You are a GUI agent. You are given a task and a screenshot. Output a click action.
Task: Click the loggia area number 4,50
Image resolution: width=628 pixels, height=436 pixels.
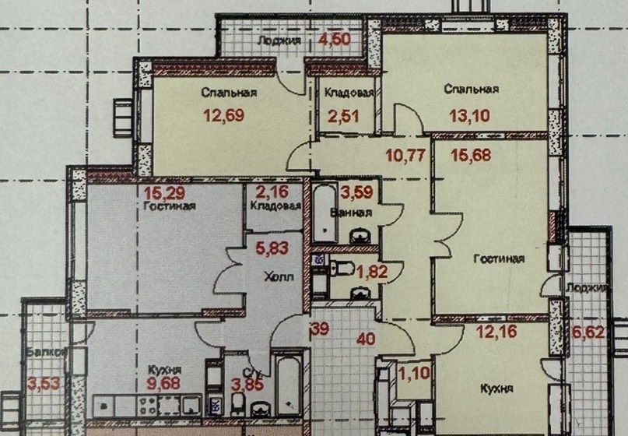335,39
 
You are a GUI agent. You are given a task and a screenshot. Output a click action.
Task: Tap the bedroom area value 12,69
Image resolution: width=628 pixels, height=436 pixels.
224,115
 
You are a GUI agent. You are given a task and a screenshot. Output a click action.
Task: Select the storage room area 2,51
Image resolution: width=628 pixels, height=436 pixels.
343,117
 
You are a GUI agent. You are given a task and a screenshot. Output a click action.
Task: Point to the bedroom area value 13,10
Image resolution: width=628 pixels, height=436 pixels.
469,116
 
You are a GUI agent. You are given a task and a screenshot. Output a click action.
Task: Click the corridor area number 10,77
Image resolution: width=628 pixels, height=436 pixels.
405,155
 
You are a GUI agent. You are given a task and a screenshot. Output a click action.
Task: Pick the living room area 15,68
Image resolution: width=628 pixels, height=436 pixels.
471,155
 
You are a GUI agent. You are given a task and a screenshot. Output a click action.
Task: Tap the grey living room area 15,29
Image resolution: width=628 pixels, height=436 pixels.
165,193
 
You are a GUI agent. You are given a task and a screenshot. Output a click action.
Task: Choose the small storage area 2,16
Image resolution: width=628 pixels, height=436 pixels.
272,192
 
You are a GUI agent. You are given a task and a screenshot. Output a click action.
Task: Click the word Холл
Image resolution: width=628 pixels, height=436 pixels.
279,276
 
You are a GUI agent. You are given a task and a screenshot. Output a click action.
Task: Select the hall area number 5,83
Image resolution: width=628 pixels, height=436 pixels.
272,248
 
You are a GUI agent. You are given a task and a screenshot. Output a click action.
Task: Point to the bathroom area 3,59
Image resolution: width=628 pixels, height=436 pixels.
357,192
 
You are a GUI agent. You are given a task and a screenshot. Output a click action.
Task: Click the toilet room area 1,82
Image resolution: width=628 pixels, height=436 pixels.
372,272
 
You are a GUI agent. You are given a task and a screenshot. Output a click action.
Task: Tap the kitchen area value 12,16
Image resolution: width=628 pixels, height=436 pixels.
496,332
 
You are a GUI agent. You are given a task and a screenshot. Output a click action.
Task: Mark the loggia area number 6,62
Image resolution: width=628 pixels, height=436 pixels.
588,332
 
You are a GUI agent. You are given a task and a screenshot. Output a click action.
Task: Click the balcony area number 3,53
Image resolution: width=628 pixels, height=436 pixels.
44,384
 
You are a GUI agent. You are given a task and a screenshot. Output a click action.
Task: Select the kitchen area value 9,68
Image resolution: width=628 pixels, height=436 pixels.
163,384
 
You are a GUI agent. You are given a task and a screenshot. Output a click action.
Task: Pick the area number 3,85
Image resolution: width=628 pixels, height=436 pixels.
247,385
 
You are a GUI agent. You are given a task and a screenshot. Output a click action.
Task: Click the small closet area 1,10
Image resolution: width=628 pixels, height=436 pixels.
415,374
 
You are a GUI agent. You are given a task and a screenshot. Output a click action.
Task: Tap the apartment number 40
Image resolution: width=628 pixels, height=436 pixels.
366,339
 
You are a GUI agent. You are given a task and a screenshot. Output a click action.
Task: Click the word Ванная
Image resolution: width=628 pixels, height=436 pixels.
351,213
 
